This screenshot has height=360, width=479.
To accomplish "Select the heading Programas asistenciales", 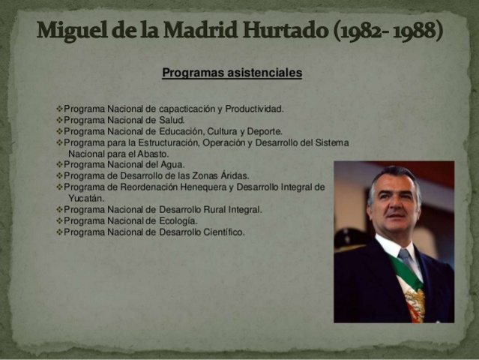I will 232,73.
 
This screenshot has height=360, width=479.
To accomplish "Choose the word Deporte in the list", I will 264,131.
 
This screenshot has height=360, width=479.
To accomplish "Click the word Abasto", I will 152,154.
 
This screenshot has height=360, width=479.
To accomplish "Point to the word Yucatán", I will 85,199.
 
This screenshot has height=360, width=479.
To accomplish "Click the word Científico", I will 222,232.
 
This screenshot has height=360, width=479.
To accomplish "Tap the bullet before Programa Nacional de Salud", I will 59,120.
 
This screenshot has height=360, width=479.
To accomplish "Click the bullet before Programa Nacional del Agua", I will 59,165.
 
